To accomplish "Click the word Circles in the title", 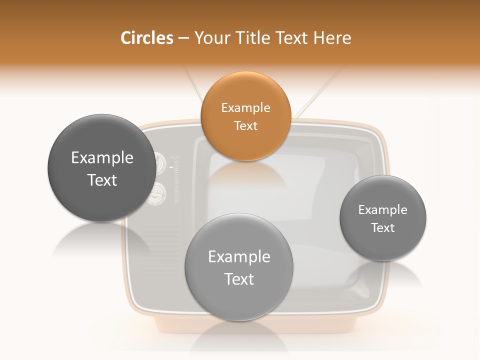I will (x=147, y=38).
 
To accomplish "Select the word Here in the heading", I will (x=332, y=38).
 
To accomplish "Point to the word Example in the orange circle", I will (x=245, y=108).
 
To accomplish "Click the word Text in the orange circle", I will (x=245, y=125).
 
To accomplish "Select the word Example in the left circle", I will (x=102, y=158).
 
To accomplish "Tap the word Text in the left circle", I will (x=102, y=180).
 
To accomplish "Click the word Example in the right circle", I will (x=382, y=210).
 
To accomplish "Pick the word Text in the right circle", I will (x=382, y=228).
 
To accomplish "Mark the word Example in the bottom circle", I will (x=239, y=257).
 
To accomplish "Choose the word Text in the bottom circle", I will (x=239, y=279).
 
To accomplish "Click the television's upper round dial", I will (x=159, y=163).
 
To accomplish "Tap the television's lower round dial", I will (x=157, y=194).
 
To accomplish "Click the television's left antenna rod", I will (x=193, y=82).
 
